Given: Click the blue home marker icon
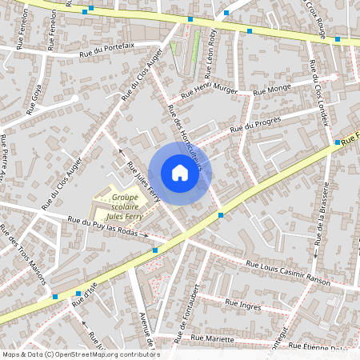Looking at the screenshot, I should [179, 173].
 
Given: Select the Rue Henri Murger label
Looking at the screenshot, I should [210, 90].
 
